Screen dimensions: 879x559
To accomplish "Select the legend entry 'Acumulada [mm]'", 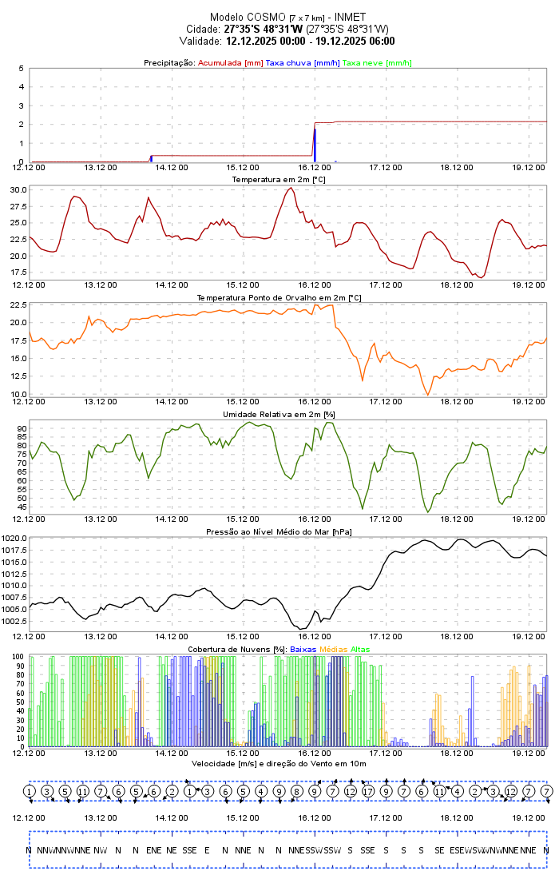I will point(230,62).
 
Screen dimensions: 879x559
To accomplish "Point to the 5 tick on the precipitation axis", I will point(21,69).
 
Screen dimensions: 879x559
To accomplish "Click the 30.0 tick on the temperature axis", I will point(18,190).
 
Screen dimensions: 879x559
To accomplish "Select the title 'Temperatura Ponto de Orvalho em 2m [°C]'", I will point(279,297).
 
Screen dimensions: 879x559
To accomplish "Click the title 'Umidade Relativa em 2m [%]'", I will point(279,415).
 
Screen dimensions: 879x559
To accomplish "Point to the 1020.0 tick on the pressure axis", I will point(14,539).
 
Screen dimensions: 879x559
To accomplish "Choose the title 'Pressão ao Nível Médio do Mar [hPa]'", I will point(279,531).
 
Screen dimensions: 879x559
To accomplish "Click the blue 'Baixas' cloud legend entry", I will point(303,650).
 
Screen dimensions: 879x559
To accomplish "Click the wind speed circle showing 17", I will point(368,791).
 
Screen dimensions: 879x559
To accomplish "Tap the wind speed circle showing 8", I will point(296,791).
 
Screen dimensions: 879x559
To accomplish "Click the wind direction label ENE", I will point(153,850).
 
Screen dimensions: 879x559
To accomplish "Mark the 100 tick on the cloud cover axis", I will point(18,657).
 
